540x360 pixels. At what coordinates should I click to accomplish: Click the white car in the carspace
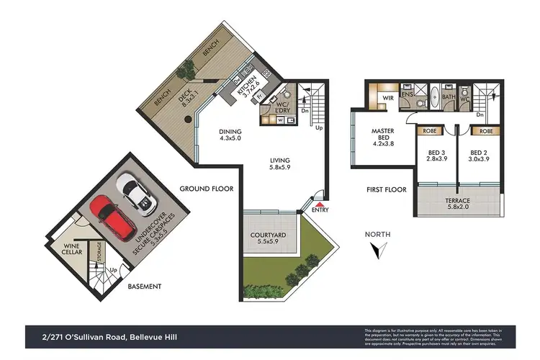(x=136, y=194)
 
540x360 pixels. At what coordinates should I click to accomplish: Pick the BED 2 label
(x=479, y=157)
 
